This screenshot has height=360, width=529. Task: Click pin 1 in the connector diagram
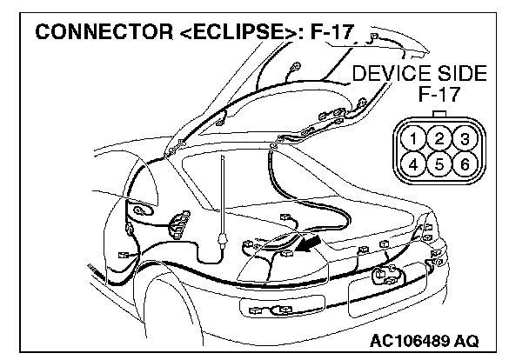point(419,138)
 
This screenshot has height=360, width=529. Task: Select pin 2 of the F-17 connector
point(441,138)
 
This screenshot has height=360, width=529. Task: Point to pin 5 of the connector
point(441,162)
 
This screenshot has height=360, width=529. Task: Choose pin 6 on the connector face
point(464,162)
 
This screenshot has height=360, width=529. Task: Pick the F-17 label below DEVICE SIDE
point(439,94)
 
